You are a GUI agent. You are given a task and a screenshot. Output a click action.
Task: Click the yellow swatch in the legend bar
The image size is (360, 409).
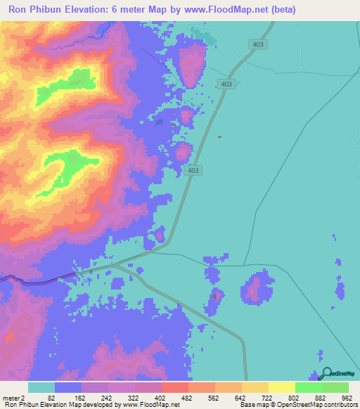281,388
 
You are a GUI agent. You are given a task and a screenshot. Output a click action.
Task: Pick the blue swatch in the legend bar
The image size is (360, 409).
68,388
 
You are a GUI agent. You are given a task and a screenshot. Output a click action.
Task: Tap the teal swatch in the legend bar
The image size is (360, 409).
41,388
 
